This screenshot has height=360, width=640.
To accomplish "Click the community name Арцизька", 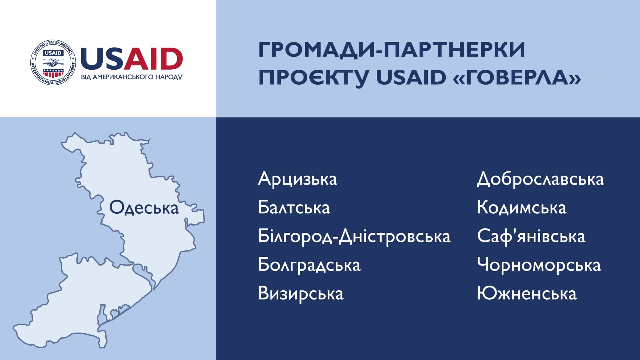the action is point(298,179).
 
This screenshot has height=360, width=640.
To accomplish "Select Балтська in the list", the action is point(294,207).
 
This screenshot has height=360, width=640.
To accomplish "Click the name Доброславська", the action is point(540,179).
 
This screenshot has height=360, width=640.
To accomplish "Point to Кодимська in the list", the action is point(522,207).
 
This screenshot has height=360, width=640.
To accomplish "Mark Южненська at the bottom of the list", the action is point(527,294).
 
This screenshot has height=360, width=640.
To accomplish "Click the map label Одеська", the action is point(144,208).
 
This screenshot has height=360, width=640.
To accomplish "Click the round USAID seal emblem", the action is point(53,62).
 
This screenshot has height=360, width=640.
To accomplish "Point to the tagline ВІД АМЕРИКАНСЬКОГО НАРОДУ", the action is point(132,77).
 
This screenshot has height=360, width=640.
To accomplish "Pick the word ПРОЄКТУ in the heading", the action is point(314,78).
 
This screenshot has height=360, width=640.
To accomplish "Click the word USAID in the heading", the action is point(411,77).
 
